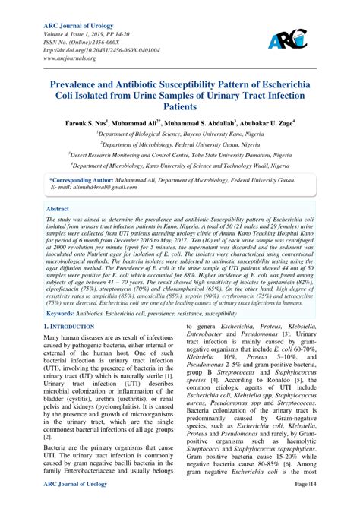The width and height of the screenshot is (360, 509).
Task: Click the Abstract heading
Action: [57, 207]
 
